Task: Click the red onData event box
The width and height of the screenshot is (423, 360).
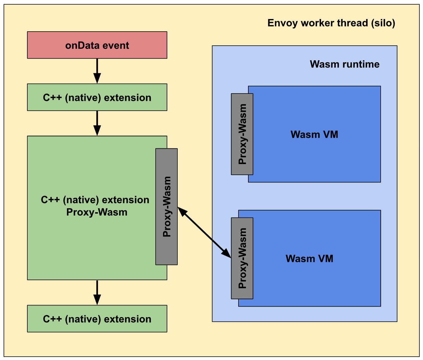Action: coord(97,45)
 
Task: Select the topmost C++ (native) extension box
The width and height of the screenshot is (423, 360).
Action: coord(97,97)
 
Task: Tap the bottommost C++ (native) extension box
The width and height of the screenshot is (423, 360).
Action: coord(97,319)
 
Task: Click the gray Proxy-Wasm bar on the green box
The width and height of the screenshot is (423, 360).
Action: coord(167,206)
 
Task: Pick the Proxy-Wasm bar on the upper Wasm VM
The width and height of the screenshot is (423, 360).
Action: coord(242,134)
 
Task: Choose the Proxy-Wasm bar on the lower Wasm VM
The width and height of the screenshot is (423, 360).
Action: coord(242,258)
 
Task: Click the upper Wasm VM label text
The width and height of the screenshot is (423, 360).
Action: coord(314,134)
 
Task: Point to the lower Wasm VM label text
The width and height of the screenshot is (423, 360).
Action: coord(309,259)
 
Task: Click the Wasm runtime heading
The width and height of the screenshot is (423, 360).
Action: coord(344,64)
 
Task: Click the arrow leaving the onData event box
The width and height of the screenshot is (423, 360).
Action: coord(97,71)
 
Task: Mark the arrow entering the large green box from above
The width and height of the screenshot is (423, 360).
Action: coord(97,123)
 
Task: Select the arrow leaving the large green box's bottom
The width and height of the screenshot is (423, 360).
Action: coord(97,292)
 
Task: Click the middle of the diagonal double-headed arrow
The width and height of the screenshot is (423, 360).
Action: coord(204,232)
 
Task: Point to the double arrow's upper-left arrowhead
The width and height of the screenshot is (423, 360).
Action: coord(182,211)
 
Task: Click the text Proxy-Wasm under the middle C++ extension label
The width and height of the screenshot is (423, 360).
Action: coord(97,212)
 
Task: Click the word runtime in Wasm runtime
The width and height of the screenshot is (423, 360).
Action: coord(361,64)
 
